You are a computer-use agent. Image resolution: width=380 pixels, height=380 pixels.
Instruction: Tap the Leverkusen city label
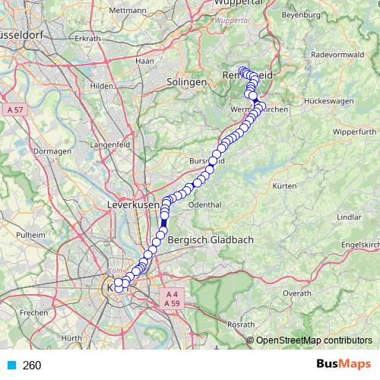134,206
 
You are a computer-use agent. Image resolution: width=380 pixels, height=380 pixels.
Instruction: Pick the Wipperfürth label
355,131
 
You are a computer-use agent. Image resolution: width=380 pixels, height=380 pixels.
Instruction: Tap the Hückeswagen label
326,100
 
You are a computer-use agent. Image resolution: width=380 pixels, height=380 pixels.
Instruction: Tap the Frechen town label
34,312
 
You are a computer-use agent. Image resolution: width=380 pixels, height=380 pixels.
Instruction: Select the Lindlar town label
348,217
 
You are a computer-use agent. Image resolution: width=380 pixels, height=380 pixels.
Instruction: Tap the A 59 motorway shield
172,303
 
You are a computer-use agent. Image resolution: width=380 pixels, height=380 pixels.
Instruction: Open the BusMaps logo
343,365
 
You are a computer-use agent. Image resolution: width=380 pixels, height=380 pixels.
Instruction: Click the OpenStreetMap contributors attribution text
314,340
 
